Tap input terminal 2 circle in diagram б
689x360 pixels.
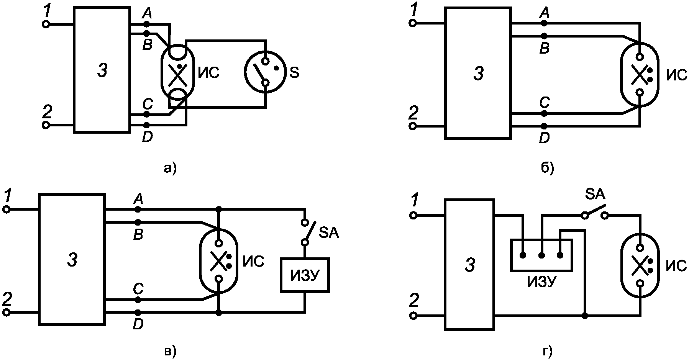coord(413,126)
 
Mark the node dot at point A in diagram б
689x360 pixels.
coord(544,23)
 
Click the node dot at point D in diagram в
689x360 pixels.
coord(138,313)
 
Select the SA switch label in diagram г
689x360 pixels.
coord(595,195)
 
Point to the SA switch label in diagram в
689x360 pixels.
coord(329,233)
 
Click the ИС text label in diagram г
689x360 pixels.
coord(676,265)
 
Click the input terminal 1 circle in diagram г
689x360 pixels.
coord(413,215)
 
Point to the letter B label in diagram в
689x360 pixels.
coord(138,235)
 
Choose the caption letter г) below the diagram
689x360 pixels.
coord(548,351)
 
